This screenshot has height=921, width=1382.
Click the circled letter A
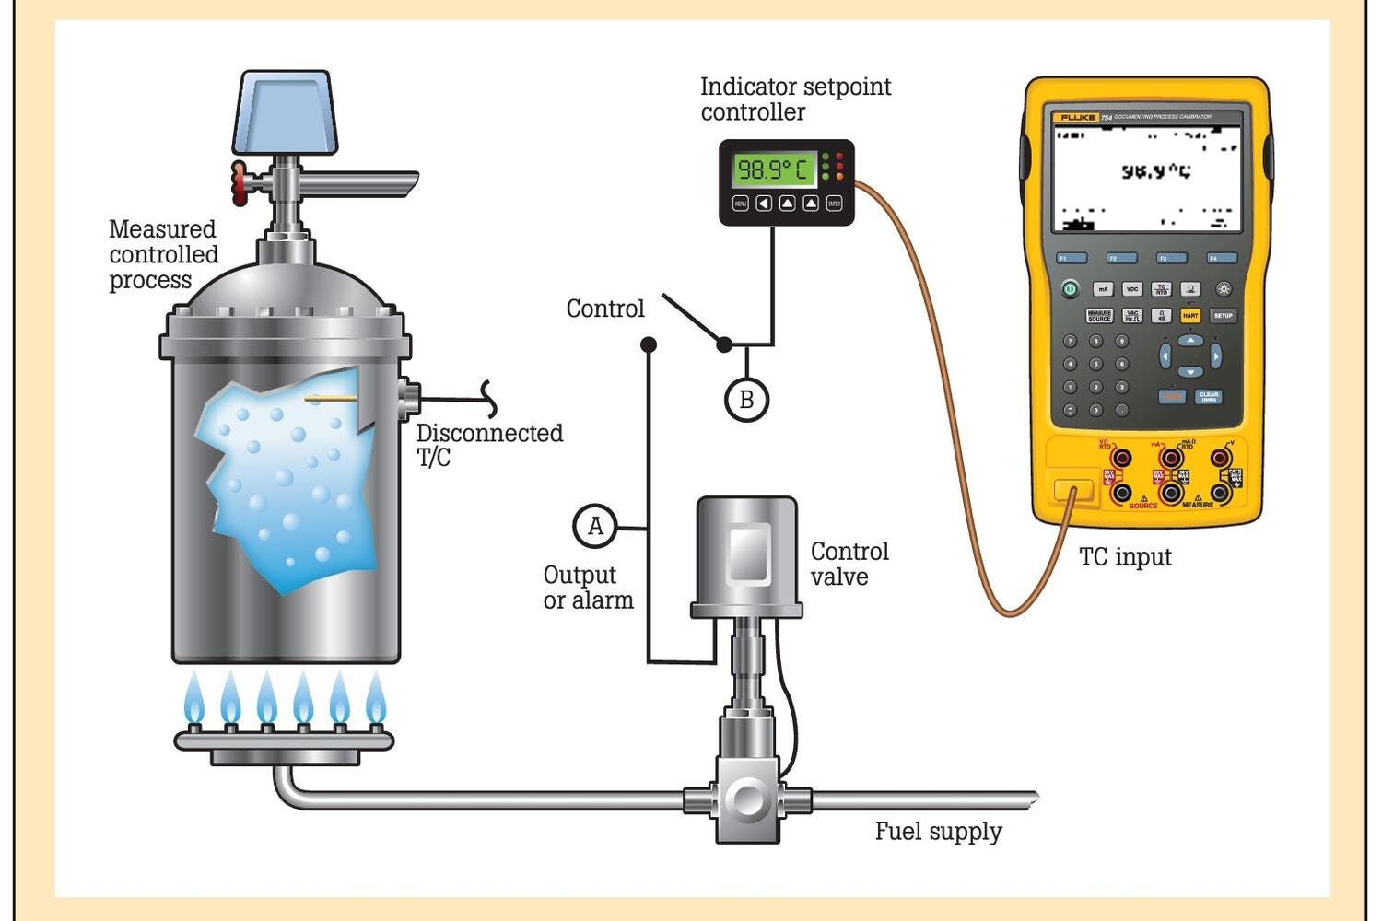[595, 526]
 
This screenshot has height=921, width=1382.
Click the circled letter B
[746, 400]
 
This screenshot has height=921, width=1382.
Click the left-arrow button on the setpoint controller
[764, 204]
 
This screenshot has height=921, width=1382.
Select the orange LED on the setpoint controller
[839, 176]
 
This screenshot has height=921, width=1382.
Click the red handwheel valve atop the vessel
[240, 181]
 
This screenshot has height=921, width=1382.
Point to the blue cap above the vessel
[285, 111]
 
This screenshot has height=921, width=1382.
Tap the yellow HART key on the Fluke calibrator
[1190, 315]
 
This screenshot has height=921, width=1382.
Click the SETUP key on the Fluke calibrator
[1223, 315]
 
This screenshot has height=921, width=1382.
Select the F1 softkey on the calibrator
[1072, 258]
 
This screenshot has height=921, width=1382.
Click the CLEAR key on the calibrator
[1209, 396]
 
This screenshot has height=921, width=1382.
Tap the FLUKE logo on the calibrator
[1078, 118]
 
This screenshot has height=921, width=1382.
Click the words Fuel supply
[938, 832]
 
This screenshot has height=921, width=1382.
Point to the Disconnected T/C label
[489, 445]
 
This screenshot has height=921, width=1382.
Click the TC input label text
[1125, 557]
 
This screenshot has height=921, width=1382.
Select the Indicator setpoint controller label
[795, 99]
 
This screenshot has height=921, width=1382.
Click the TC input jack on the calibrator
[1072, 491]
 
